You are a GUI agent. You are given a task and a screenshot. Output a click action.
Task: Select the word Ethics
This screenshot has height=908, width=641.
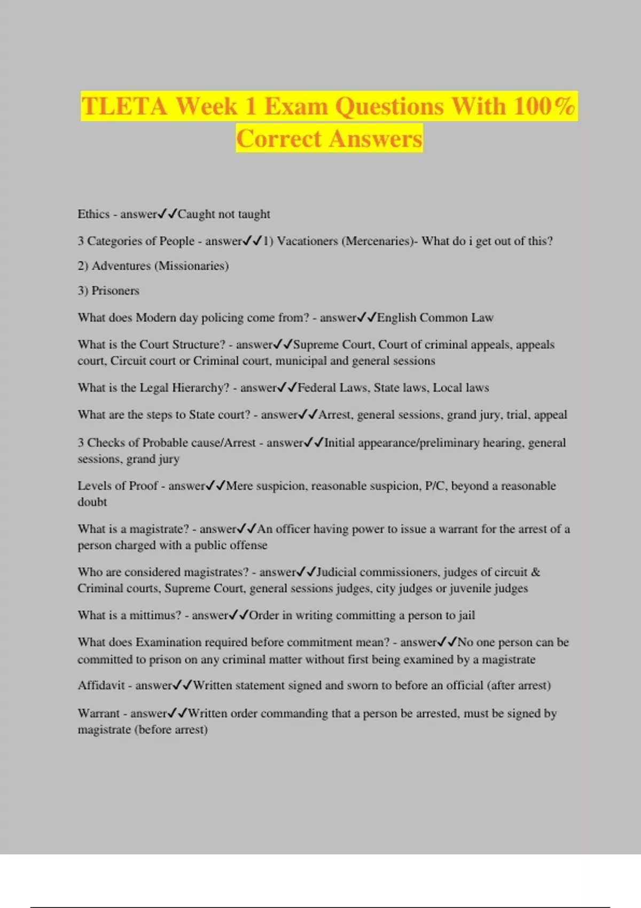click(x=93, y=214)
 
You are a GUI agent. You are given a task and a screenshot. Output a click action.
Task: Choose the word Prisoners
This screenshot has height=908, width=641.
click(x=115, y=291)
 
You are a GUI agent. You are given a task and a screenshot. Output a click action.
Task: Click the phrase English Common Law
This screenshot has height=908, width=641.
click(x=435, y=318)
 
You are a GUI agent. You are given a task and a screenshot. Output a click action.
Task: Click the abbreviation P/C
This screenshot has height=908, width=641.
click(x=435, y=486)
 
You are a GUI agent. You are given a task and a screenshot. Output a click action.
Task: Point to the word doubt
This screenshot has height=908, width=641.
click(x=92, y=502)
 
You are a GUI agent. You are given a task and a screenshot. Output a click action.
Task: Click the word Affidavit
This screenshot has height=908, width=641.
click(x=101, y=685)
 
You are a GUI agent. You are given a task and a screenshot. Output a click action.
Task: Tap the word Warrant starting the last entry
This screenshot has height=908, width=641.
click(x=99, y=714)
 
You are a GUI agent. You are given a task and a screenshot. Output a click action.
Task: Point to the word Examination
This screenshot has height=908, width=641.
click(x=168, y=642)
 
